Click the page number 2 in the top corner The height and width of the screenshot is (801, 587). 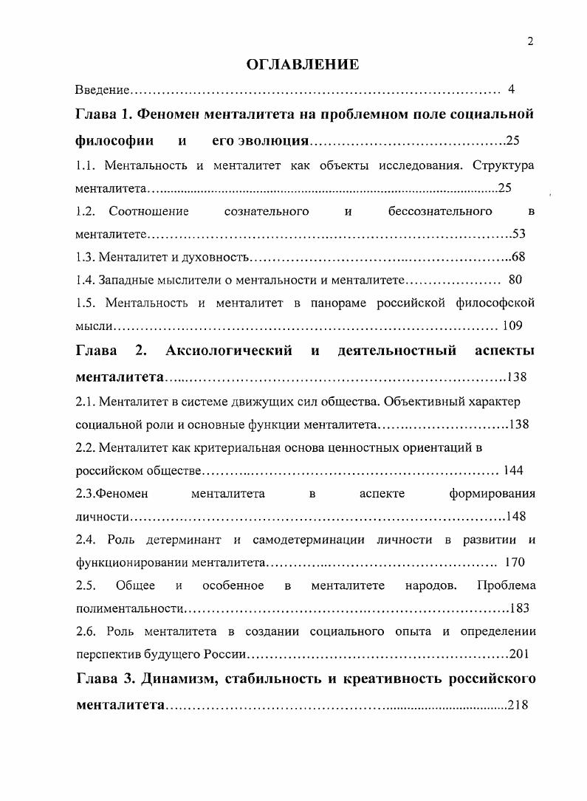point(530,42)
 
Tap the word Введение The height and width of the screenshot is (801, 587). point(103,90)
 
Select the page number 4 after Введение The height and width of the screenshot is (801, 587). point(511,90)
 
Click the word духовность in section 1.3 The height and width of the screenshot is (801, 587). point(219,258)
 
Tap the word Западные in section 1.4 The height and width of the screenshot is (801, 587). point(123,281)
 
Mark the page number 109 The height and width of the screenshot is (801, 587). point(512,326)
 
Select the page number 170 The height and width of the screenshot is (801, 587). point(514,563)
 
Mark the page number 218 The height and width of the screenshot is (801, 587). point(518,705)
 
